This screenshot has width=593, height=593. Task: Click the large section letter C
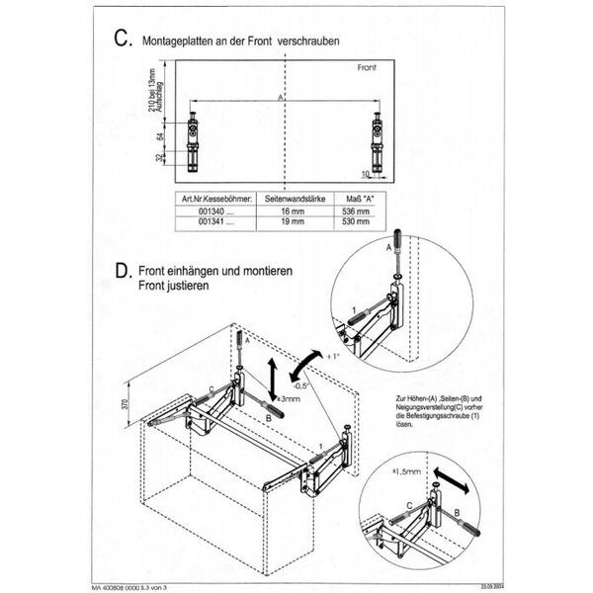coord(122,39)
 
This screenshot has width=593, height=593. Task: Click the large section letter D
coord(122,271)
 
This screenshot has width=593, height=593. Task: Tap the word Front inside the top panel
coord(369,68)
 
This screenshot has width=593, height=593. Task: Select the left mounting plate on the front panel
coord(193,139)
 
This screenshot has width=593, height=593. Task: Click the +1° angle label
coord(332,355)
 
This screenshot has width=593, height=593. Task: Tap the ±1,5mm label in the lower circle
coord(405,473)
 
